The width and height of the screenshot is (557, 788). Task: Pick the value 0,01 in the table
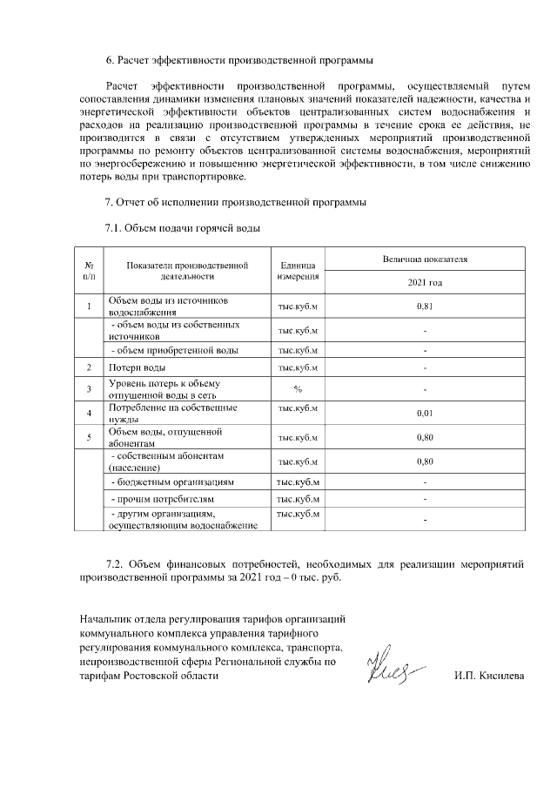click(x=425, y=413)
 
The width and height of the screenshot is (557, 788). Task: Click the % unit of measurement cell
click(x=298, y=388)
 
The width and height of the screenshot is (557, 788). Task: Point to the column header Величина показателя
click(x=425, y=259)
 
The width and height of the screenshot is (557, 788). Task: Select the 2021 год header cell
click(x=425, y=283)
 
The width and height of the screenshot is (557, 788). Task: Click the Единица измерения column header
click(x=298, y=271)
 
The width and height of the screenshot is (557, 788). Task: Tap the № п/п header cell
click(x=90, y=271)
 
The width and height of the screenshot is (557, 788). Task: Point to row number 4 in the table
click(x=90, y=412)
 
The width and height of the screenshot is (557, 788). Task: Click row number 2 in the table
click(x=90, y=368)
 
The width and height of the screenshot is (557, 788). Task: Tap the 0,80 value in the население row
click(x=425, y=461)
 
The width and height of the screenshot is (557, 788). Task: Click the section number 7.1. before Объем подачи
click(x=115, y=228)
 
